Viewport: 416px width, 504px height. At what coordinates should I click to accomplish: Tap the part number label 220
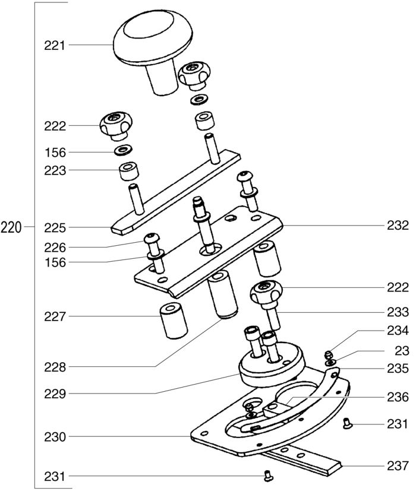pos(11,227)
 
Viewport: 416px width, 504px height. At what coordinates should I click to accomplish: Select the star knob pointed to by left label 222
pos(116,126)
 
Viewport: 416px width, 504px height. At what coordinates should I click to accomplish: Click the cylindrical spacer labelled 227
pos(174,321)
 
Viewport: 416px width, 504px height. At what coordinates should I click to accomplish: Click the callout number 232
pos(398,226)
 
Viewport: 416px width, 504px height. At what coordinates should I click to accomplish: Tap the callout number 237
pos(398,466)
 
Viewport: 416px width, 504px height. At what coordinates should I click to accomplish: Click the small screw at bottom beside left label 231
pos(269,476)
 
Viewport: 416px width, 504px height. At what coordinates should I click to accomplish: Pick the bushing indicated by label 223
pos(129,172)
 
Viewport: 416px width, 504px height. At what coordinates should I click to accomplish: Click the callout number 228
pos(55,367)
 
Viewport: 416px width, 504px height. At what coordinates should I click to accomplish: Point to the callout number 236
pos(398,397)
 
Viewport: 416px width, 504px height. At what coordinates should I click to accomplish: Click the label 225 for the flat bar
pos(55,228)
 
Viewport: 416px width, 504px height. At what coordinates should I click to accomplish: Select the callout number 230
pos(55,437)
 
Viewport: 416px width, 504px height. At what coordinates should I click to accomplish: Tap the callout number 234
pos(398,331)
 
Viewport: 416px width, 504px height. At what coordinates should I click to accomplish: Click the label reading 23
pos(402,351)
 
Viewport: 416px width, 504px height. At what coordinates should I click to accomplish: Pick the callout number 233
pos(398,312)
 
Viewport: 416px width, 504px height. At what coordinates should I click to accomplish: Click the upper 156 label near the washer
pos(55,153)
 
